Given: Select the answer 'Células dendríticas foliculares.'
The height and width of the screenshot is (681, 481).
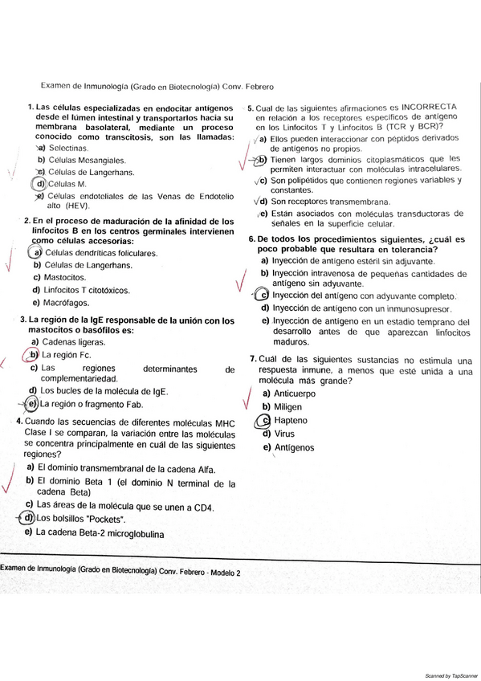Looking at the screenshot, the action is point(101,253).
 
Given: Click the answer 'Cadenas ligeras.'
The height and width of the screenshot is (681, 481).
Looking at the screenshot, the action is point(72,341).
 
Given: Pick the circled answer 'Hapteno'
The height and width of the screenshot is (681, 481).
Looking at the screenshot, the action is point(290,420).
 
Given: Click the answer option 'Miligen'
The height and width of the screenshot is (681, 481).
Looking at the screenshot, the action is point(288,407).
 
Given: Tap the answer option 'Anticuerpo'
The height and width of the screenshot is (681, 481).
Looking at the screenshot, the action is point(295,394).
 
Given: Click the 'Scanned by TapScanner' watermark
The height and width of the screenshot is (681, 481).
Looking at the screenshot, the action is point(446,675).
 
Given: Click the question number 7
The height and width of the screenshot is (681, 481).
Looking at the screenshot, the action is point(252,358).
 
